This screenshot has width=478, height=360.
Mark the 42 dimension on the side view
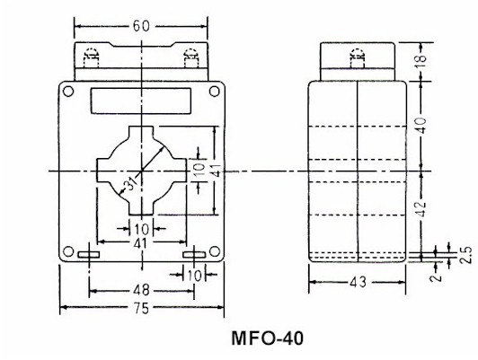447,212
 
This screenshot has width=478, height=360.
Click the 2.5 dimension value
465,255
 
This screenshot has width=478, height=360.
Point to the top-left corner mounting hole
67,90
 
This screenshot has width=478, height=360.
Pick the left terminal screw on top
90,59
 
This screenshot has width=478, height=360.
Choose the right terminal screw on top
190,59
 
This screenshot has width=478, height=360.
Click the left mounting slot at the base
89,257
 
